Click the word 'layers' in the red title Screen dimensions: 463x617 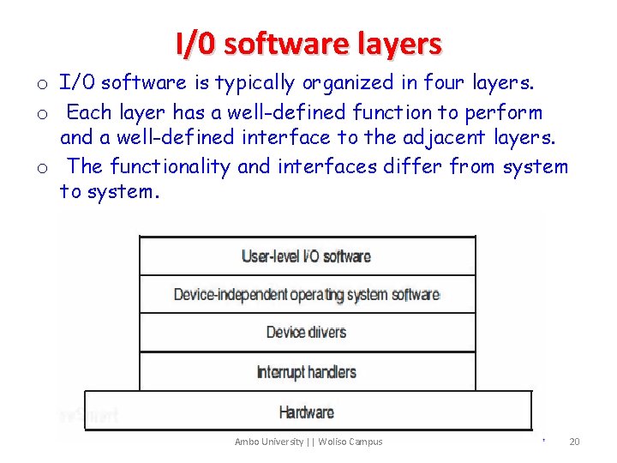coord(399,43)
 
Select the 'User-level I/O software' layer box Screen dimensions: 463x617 coord(307,256)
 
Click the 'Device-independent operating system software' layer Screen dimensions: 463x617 coord(307,294)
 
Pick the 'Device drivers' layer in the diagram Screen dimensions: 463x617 coord(307,332)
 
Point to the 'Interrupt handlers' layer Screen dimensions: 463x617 coord(307,371)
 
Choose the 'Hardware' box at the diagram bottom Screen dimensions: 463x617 coord(307,412)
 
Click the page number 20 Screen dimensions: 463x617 coord(574,442)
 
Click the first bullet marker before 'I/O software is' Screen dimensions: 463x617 coord(40,85)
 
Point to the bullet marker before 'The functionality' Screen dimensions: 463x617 coord(40,168)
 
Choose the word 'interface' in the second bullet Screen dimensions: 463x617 coord(290,137)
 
